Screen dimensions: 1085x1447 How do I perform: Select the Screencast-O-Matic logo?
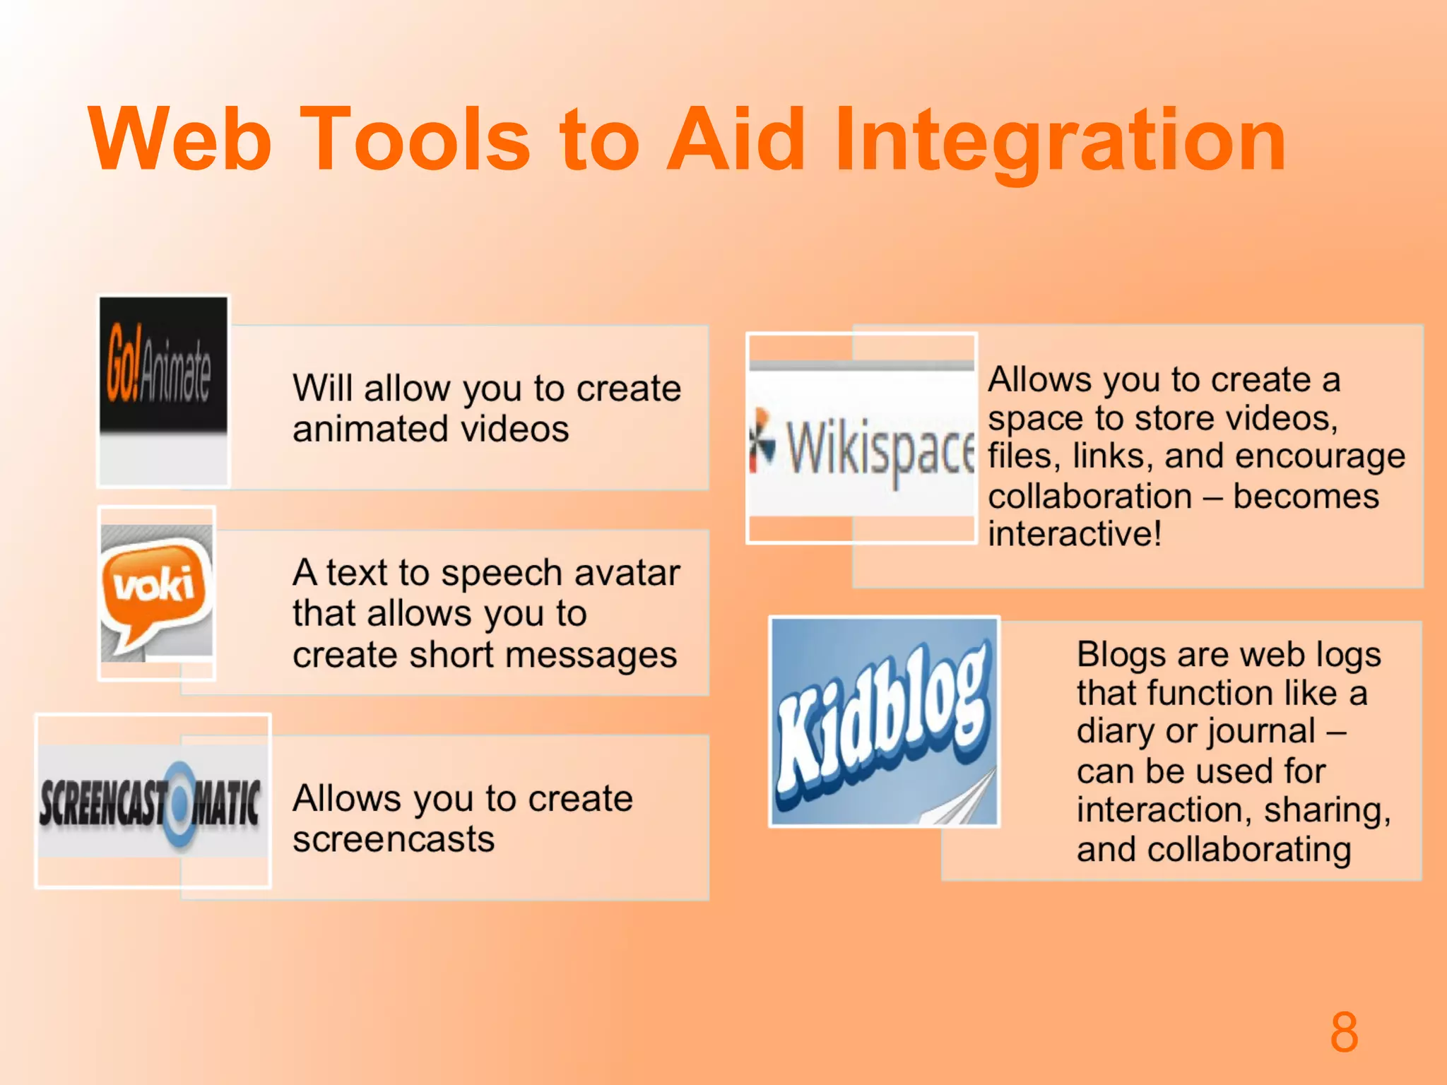pos(152,802)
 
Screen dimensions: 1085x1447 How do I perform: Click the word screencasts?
pos(394,840)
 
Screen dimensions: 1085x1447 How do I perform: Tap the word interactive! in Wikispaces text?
pos(1074,533)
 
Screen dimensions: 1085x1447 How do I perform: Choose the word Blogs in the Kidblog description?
pos(1121,654)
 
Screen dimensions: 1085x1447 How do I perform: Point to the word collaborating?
pos(1248,849)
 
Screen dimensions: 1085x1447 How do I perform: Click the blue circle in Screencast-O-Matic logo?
pos(179,805)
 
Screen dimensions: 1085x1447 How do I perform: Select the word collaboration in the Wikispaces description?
pos(1090,496)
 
